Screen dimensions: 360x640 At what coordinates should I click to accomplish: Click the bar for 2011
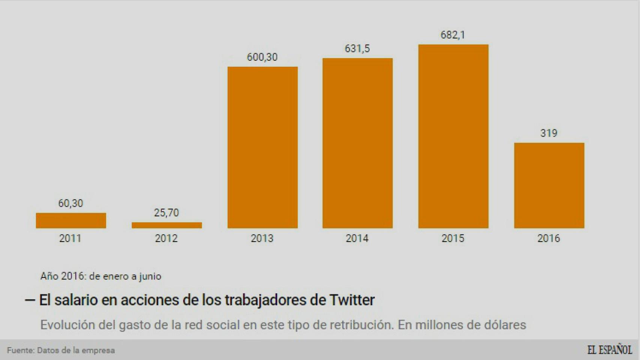71,220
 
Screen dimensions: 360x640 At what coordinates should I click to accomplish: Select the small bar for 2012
167,225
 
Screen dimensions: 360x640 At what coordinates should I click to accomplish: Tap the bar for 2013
262,147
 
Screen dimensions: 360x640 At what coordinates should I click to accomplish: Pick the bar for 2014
358,143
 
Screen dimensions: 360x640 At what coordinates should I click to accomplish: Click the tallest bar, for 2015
453,136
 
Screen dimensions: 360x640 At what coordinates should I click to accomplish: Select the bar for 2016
549,185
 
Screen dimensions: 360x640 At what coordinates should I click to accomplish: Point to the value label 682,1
453,35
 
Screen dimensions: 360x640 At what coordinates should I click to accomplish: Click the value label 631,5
357,48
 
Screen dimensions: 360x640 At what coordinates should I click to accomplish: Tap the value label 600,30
262,57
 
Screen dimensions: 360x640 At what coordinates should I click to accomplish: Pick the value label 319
548,133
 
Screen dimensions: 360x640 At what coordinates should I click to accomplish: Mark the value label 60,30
71,203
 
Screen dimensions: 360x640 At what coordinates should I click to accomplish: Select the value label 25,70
166,213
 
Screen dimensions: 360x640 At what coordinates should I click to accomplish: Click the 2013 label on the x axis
262,238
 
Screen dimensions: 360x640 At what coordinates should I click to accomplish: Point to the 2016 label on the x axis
548,238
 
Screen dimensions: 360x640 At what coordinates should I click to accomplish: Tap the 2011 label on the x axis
70,238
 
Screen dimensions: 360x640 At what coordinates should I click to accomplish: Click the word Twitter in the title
352,300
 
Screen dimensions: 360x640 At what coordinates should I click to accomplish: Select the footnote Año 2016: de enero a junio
101,276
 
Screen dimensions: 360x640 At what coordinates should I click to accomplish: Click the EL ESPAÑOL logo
610,350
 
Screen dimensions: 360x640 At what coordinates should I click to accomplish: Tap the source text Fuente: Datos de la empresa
61,350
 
